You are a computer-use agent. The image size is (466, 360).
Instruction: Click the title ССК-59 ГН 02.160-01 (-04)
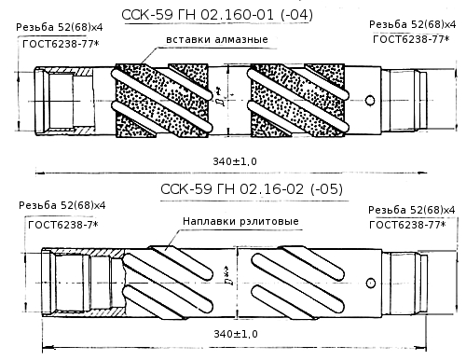click(217, 15)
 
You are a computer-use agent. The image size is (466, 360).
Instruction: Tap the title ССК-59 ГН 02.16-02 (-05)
click(252, 188)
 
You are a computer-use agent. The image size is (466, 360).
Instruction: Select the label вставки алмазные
click(217, 39)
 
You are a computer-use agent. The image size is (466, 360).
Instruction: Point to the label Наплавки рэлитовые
click(240, 221)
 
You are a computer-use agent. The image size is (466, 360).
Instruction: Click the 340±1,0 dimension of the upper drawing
click(235, 161)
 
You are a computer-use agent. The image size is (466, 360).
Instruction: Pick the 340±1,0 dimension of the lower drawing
click(236, 334)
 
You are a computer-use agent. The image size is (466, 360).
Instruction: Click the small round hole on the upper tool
click(370, 101)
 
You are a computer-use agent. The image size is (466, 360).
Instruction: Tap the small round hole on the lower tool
click(371, 283)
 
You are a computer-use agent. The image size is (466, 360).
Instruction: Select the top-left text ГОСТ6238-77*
click(61, 44)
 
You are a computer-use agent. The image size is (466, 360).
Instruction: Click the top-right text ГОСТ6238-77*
click(411, 39)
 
